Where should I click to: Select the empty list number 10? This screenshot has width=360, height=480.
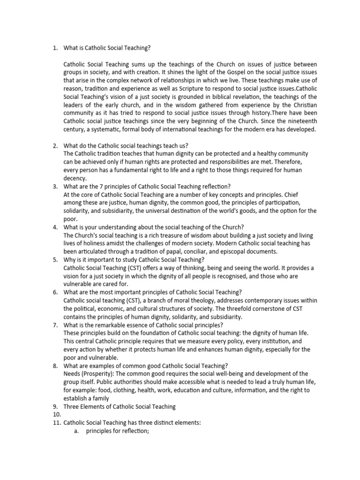click(x=55, y=414)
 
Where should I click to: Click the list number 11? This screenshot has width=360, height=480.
click(x=55, y=423)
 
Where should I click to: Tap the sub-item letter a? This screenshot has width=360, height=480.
click(x=76, y=431)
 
